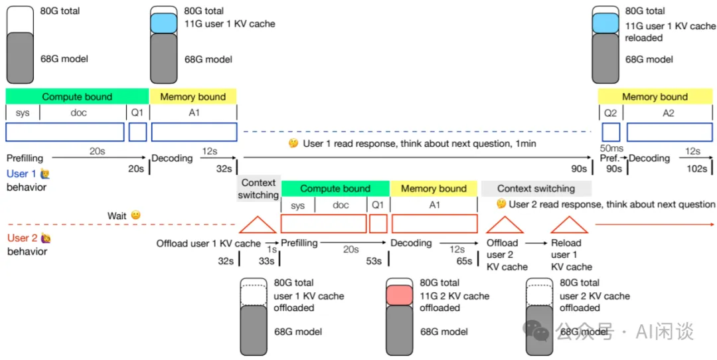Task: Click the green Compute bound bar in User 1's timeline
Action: coord(77,96)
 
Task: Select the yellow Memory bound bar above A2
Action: coord(655,96)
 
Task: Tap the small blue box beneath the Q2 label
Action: coord(611,132)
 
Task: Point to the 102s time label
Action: coord(697,169)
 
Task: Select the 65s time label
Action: coord(465,261)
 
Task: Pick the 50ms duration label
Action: coord(610,147)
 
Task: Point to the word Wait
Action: coord(117,216)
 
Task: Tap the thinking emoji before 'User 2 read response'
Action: coord(501,204)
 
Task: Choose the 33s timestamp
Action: coord(266,261)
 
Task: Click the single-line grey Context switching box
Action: coord(536,189)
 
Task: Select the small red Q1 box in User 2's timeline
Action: coord(378,224)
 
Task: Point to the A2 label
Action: coord(668,113)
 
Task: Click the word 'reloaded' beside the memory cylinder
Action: coord(643,38)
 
